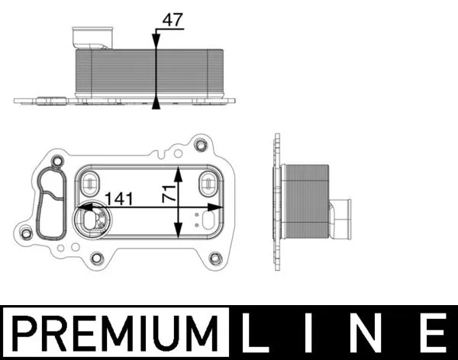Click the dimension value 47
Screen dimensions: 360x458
click(x=173, y=21)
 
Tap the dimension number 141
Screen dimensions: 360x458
click(x=120, y=198)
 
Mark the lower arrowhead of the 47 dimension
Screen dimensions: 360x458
click(x=156, y=103)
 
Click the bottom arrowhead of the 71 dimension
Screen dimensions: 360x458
click(x=179, y=235)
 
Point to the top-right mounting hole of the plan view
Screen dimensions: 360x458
click(x=202, y=145)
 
